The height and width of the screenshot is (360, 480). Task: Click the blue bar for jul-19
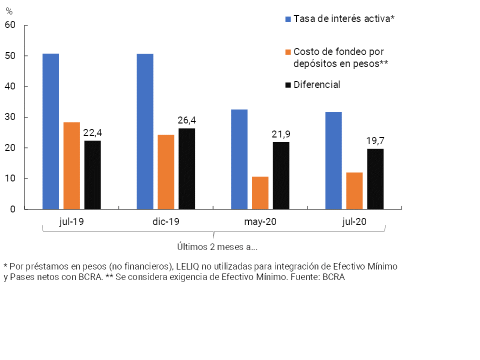click(x=50, y=131)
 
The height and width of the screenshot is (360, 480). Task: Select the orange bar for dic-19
click(x=166, y=172)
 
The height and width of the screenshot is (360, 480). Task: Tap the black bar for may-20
click(x=281, y=175)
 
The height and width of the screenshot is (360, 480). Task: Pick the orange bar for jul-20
click(x=354, y=190)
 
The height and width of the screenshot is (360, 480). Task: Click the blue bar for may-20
click(x=239, y=159)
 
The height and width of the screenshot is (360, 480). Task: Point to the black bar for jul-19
click(x=92, y=175)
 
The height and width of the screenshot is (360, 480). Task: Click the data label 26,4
click(x=186, y=120)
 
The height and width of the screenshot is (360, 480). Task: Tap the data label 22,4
click(x=92, y=132)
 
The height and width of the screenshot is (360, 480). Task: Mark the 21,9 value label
click(x=281, y=134)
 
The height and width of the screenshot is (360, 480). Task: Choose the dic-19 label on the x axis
click(x=166, y=222)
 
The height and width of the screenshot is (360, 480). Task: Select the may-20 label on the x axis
click(x=260, y=222)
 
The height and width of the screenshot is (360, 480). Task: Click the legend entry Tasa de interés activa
click(x=344, y=19)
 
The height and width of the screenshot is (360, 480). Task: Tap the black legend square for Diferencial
click(x=288, y=85)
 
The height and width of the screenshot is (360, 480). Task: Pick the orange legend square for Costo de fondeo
click(x=288, y=52)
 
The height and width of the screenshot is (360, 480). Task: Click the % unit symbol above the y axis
click(x=9, y=11)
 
